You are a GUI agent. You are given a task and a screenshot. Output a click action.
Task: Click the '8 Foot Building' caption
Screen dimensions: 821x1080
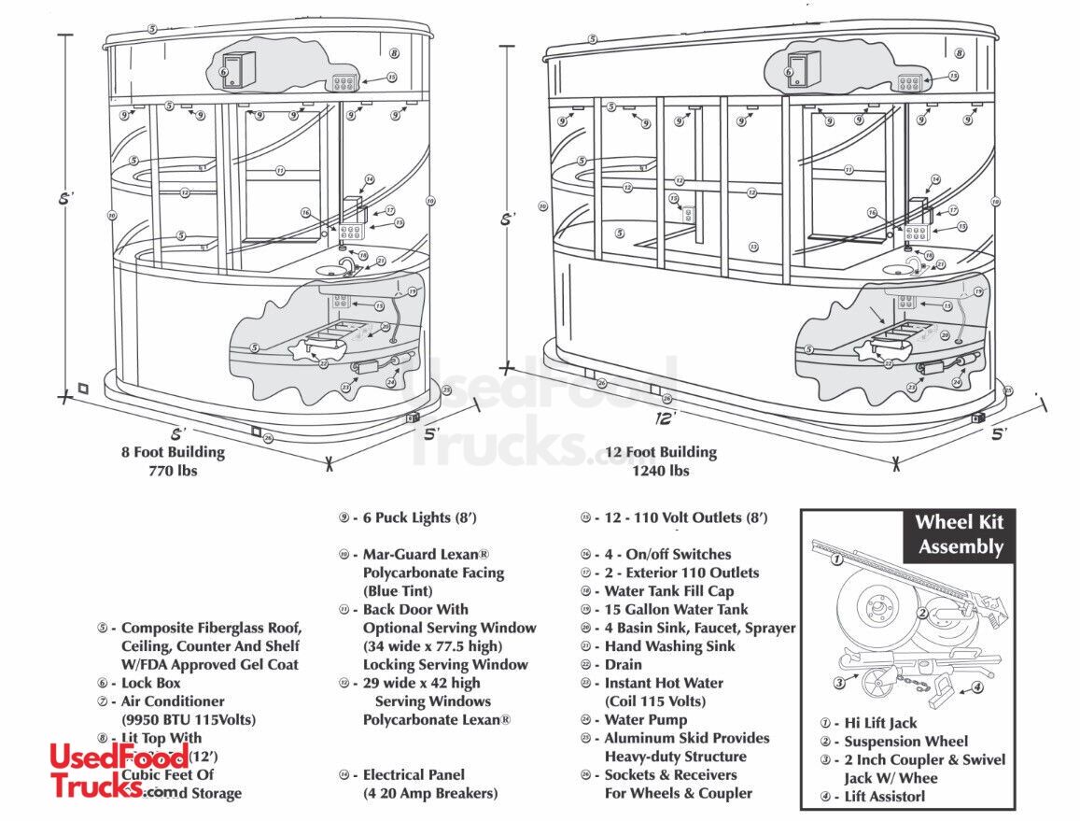coord(173,452)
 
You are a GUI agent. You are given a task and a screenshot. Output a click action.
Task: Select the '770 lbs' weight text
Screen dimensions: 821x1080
coord(173,471)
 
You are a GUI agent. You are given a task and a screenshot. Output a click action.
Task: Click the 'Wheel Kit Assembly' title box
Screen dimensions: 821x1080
coord(959,535)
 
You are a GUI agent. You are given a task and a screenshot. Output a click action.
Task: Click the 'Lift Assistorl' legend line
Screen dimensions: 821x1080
coord(883,797)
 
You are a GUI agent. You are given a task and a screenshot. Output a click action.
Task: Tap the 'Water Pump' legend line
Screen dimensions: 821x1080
coord(643,719)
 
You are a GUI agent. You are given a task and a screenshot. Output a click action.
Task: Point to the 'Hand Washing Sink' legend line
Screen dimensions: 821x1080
coord(667,646)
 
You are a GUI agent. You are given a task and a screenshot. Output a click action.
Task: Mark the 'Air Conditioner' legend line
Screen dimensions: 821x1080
coord(171,701)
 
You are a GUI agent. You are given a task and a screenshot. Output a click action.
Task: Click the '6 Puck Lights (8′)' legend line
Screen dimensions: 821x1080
coord(418,517)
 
